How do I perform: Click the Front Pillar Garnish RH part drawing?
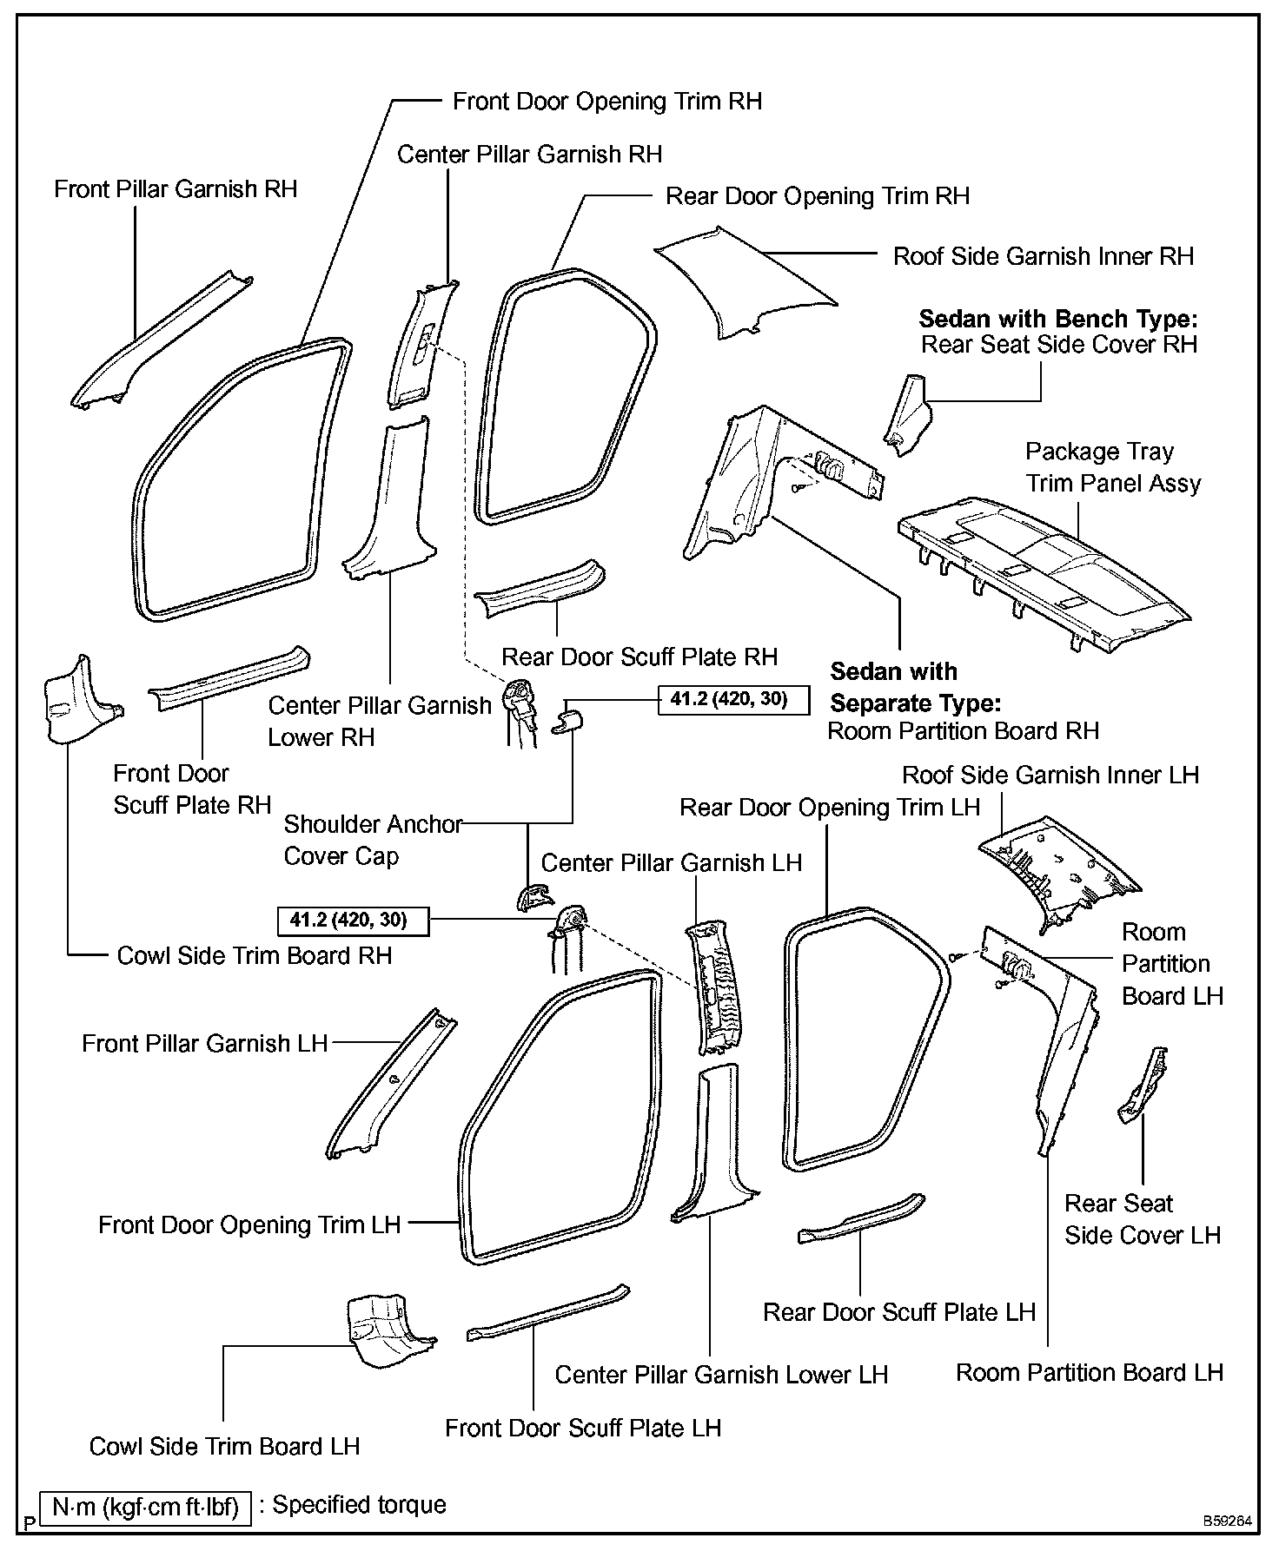156,343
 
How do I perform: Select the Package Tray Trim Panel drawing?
1043,569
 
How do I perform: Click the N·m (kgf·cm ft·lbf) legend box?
145,1506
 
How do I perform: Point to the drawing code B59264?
1228,1521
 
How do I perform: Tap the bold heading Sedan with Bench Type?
1057,319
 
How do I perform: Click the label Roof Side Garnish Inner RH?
1044,256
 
